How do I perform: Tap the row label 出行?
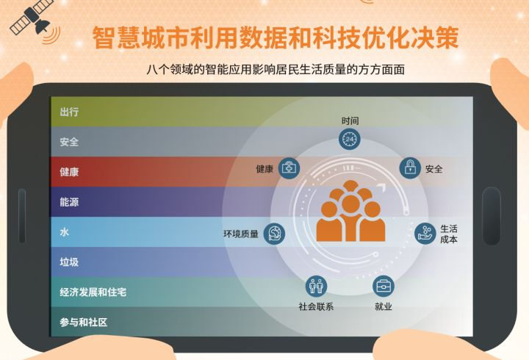[69, 112]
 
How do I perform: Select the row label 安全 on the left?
[69, 142]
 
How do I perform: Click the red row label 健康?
[69, 172]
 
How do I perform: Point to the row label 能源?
[69, 201]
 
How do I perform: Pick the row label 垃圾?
[69, 262]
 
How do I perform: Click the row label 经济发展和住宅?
[93, 292]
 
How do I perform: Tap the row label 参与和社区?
[84, 322]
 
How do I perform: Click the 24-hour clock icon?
[349, 140]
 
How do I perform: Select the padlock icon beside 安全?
[410, 168]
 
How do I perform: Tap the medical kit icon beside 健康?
[289, 168]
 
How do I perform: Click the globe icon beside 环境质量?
[274, 234]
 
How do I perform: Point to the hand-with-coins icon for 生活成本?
[425, 234]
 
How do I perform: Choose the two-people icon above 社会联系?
[316, 286]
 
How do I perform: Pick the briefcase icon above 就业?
[383, 286]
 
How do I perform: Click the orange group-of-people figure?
[350, 214]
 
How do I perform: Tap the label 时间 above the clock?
[350, 120]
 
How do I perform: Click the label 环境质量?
[241, 234]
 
